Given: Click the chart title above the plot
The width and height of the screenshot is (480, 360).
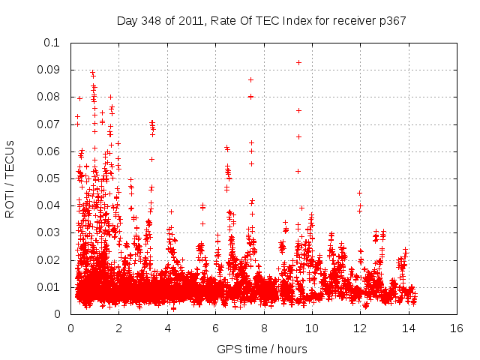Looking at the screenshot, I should [262, 20].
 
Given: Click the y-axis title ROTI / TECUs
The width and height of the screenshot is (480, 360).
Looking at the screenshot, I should [10, 178].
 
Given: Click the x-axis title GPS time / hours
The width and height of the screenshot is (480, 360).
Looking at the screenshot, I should [262, 349].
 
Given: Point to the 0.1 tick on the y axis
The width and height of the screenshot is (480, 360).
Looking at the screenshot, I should [52, 43].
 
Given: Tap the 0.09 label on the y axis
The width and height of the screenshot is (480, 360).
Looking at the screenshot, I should [49, 70].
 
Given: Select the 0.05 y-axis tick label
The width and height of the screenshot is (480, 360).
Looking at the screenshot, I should [49, 178].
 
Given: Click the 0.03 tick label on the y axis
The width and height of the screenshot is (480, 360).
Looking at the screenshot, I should [49, 232].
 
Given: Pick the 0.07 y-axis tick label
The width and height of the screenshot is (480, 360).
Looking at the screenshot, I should [49, 124].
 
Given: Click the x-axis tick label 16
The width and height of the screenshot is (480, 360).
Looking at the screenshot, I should [456, 328].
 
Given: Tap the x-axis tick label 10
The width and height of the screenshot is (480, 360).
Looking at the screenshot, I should [311, 328].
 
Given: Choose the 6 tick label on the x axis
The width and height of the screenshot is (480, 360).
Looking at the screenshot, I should [215, 328].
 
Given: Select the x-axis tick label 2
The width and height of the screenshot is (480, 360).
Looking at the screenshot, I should [118, 328].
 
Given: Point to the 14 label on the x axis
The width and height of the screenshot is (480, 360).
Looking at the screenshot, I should [408, 328].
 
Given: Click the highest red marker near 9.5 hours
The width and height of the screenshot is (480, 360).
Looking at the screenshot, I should [299, 62].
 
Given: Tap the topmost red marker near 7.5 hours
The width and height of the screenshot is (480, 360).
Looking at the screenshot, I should [251, 79].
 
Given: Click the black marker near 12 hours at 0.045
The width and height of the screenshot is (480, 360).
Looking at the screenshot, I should [360, 193].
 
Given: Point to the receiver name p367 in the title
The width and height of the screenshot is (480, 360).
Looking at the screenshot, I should [392, 20].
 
